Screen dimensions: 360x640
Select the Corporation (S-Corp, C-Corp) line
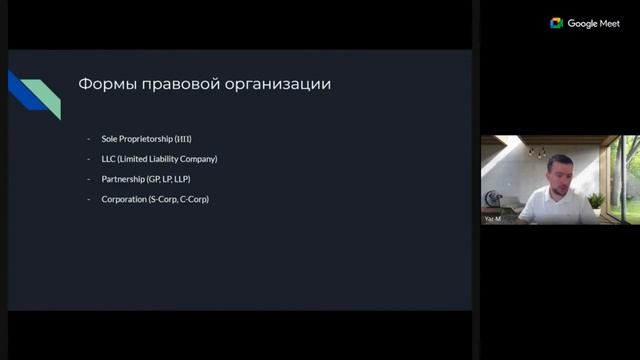[155, 200]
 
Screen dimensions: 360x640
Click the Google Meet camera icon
[557, 23]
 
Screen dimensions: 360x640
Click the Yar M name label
[492, 218]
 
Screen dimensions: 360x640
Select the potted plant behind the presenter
[597, 200]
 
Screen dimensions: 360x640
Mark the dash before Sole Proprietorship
[89, 138]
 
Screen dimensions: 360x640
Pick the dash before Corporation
[89, 200]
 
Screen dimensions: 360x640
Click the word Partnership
[123, 179]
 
